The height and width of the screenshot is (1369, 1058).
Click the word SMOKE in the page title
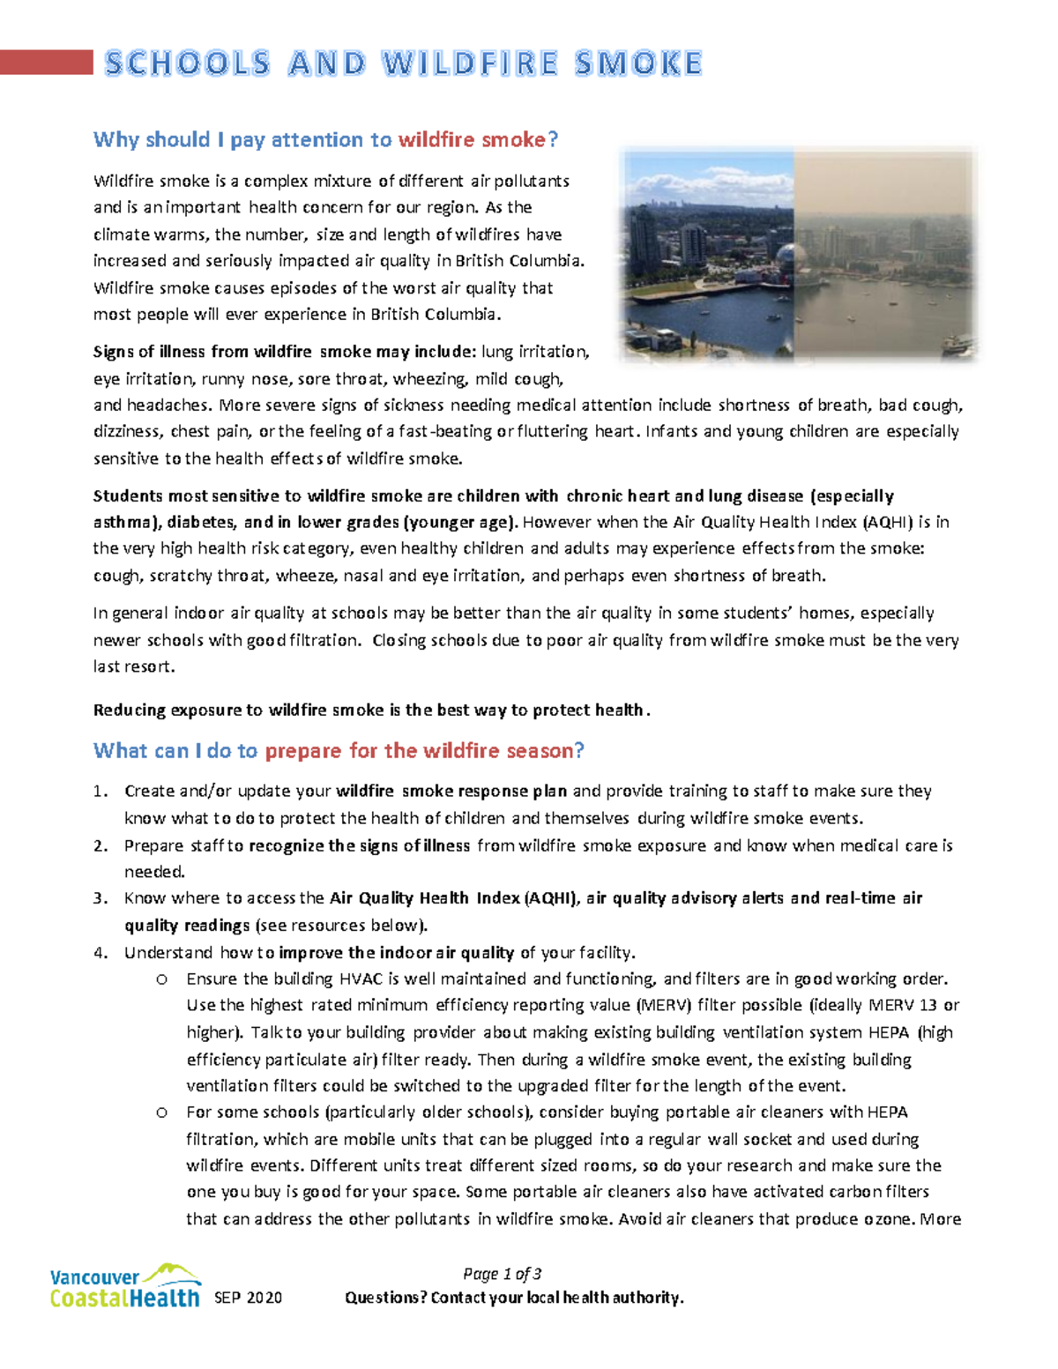pos(637,63)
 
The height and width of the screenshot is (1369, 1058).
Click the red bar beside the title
pos(46,63)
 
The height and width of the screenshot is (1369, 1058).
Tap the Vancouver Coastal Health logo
pos(124,1287)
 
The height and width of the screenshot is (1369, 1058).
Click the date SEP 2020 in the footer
pos(248,1298)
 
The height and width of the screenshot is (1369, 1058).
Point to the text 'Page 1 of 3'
pos(502,1274)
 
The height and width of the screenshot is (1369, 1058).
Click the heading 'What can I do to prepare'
pos(339,750)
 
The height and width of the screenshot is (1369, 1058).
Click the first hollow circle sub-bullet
pos(161,979)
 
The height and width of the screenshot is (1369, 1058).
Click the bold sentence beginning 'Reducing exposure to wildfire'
pos(371,711)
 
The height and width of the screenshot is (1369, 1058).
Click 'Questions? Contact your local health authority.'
pos(514,1298)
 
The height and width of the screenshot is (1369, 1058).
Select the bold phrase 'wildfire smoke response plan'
pos(451,792)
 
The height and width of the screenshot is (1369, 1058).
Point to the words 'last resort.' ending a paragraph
pos(134,667)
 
